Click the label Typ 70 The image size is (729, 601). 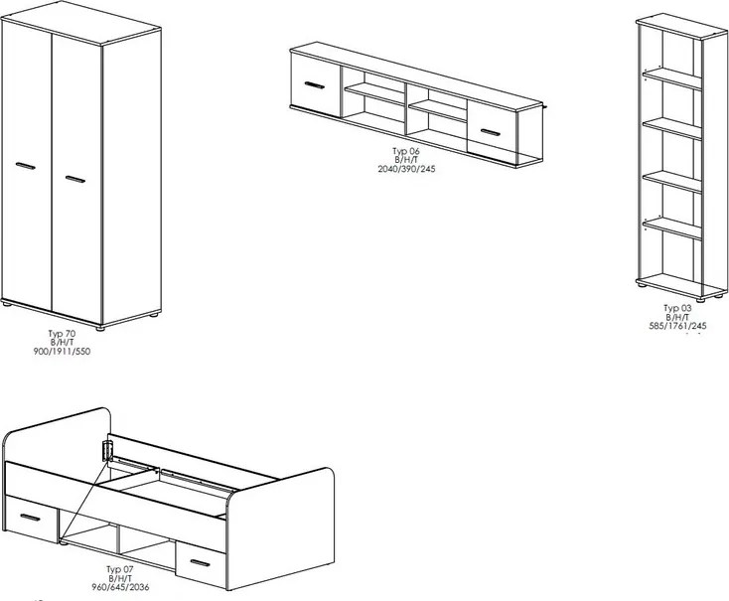pos(62,334)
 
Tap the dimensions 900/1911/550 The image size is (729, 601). pos(62,352)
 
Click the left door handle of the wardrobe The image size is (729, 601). pos(26,166)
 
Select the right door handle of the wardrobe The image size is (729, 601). pos(75,179)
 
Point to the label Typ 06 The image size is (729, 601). pos(406,151)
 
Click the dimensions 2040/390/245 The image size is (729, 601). pos(407,169)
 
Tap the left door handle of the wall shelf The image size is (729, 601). pos(315,85)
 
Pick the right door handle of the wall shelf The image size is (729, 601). pos(491,132)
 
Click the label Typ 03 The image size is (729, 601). pos(677,308)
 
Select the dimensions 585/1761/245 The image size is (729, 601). pos(677,326)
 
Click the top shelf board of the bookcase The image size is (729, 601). pos(672,78)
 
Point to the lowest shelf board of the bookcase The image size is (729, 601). pos(672,227)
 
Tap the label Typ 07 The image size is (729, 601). pos(120,569)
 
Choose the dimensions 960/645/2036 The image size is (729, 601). pos(120,587)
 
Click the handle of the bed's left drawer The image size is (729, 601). pos(30,518)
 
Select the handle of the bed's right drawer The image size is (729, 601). pos(201,563)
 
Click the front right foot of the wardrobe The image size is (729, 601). pos(99,328)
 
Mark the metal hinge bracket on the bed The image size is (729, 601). pos(107,450)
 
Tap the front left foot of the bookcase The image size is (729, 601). pos(642,285)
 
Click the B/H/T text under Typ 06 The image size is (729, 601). pos(406,160)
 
